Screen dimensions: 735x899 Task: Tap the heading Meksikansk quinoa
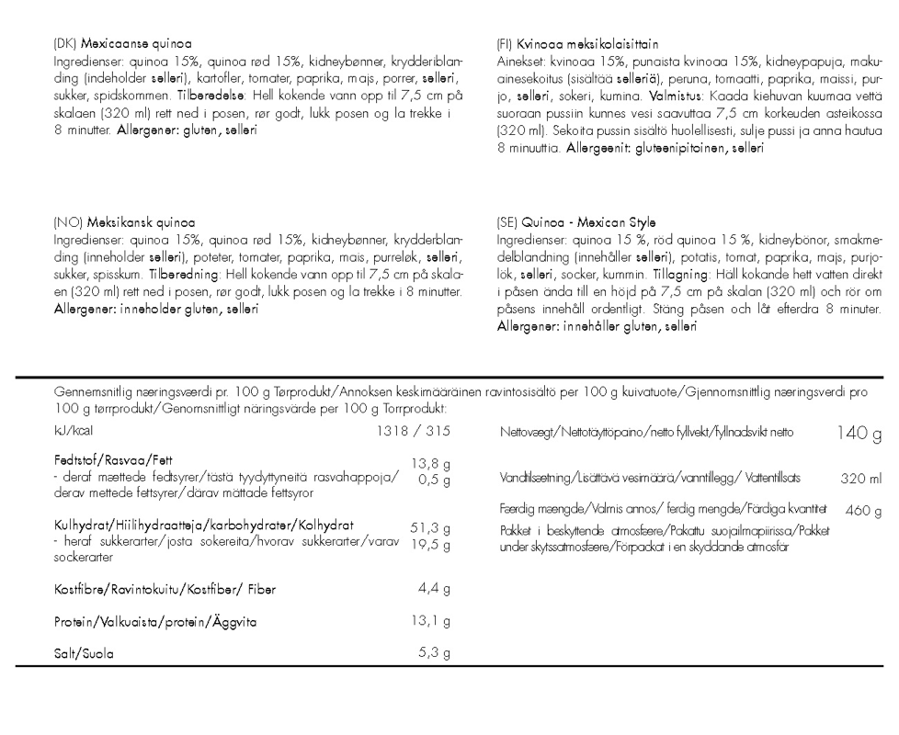[138, 222]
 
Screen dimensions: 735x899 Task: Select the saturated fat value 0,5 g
[433, 479]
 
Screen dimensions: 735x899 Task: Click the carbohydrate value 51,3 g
[429, 528]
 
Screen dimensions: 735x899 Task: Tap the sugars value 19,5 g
[429, 545]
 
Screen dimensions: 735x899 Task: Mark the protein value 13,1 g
[429, 621]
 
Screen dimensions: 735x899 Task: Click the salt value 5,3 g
[433, 654]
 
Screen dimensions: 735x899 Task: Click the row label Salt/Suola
[87, 655]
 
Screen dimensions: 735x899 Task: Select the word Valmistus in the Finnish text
[678, 95]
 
